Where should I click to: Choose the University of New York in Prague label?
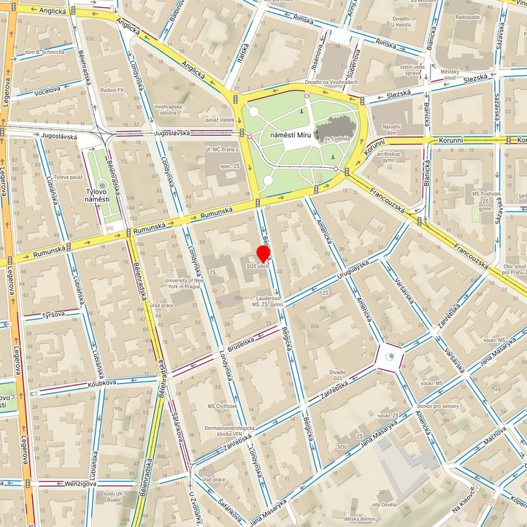[x=182, y=283]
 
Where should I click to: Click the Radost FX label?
[x=112, y=90]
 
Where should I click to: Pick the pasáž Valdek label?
[x=220, y=120]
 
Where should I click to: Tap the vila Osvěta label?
[x=383, y=504]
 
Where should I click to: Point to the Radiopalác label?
[x=467, y=16]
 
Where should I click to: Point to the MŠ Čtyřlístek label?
[x=222, y=406]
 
